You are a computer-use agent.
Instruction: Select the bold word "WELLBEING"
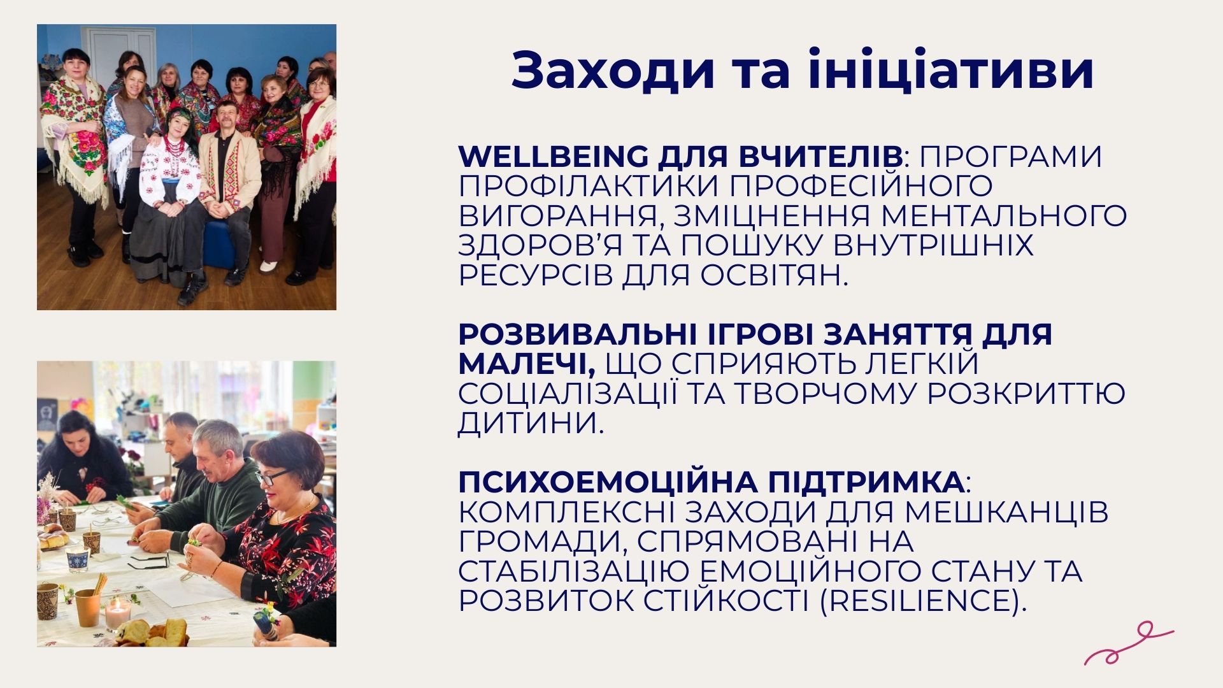[553, 156]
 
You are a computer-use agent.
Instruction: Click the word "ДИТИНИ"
[531, 424]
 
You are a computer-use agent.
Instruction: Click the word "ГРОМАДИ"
[542, 542]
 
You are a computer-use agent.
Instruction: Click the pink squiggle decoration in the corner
[1129, 644]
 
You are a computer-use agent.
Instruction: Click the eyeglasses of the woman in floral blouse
[274, 477]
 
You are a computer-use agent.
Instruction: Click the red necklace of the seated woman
[174, 145]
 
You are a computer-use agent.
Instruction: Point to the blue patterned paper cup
[78, 559]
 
